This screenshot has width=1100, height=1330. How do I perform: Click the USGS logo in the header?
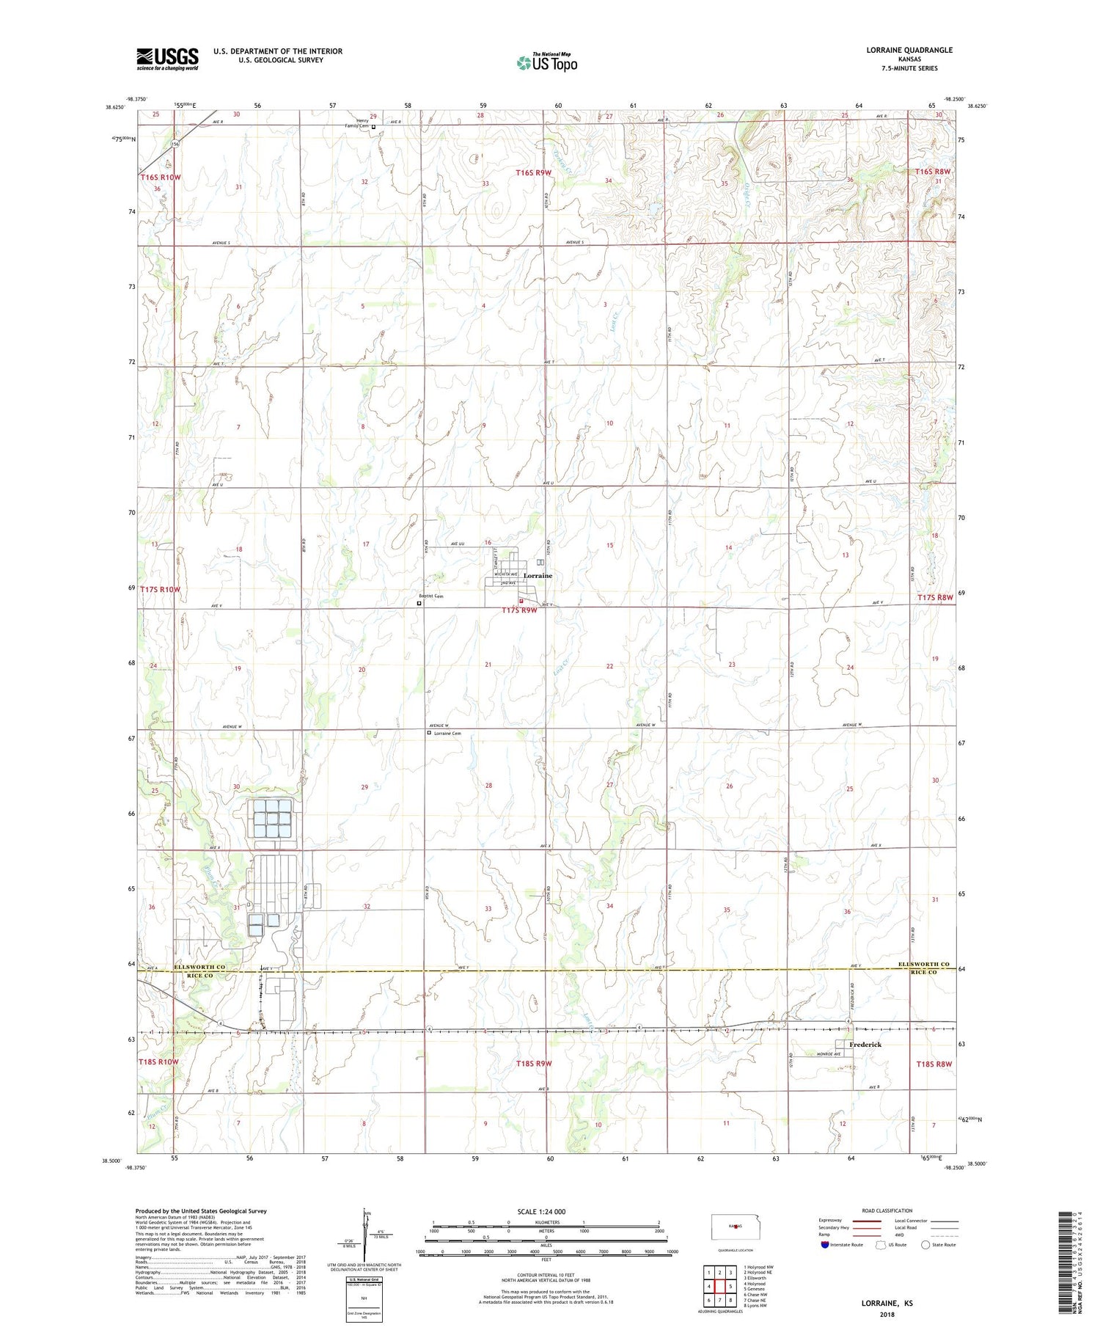[167, 59]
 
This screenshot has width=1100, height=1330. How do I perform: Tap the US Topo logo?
[547, 62]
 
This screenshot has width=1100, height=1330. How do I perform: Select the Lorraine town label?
[538, 576]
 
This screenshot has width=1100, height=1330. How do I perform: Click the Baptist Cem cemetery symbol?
[419, 604]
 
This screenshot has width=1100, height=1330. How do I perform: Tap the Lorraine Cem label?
[447, 733]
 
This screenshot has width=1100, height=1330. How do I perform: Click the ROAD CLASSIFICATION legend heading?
[887, 1210]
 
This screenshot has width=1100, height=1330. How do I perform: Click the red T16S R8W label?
[933, 172]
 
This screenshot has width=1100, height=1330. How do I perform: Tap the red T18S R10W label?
[158, 1062]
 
